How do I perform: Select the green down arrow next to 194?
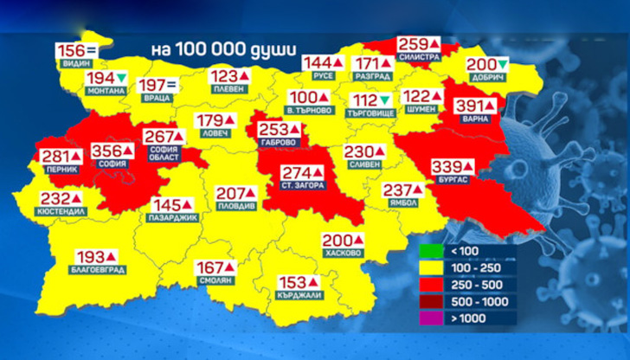[x=122, y=79]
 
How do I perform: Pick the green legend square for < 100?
[x=429, y=252]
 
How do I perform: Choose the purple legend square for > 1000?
[x=429, y=318]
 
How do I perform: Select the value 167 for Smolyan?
[x=209, y=267]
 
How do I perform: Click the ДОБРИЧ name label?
[x=486, y=79]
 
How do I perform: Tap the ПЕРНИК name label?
[x=63, y=170]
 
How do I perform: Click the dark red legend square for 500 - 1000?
[x=429, y=302]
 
